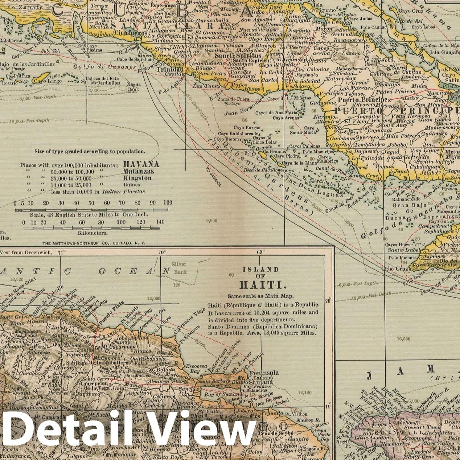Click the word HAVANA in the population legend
pyautogui.click(x=141, y=164)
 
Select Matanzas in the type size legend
pyautogui.click(x=138, y=171)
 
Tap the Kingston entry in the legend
pyautogui.click(x=137, y=178)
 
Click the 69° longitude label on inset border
pyautogui.click(x=261, y=252)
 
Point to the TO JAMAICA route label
pyautogui.click(x=213, y=177)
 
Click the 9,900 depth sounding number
pyautogui.click(x=211, y=220)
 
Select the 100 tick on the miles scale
pyautogui.click(x=168, y=203)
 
